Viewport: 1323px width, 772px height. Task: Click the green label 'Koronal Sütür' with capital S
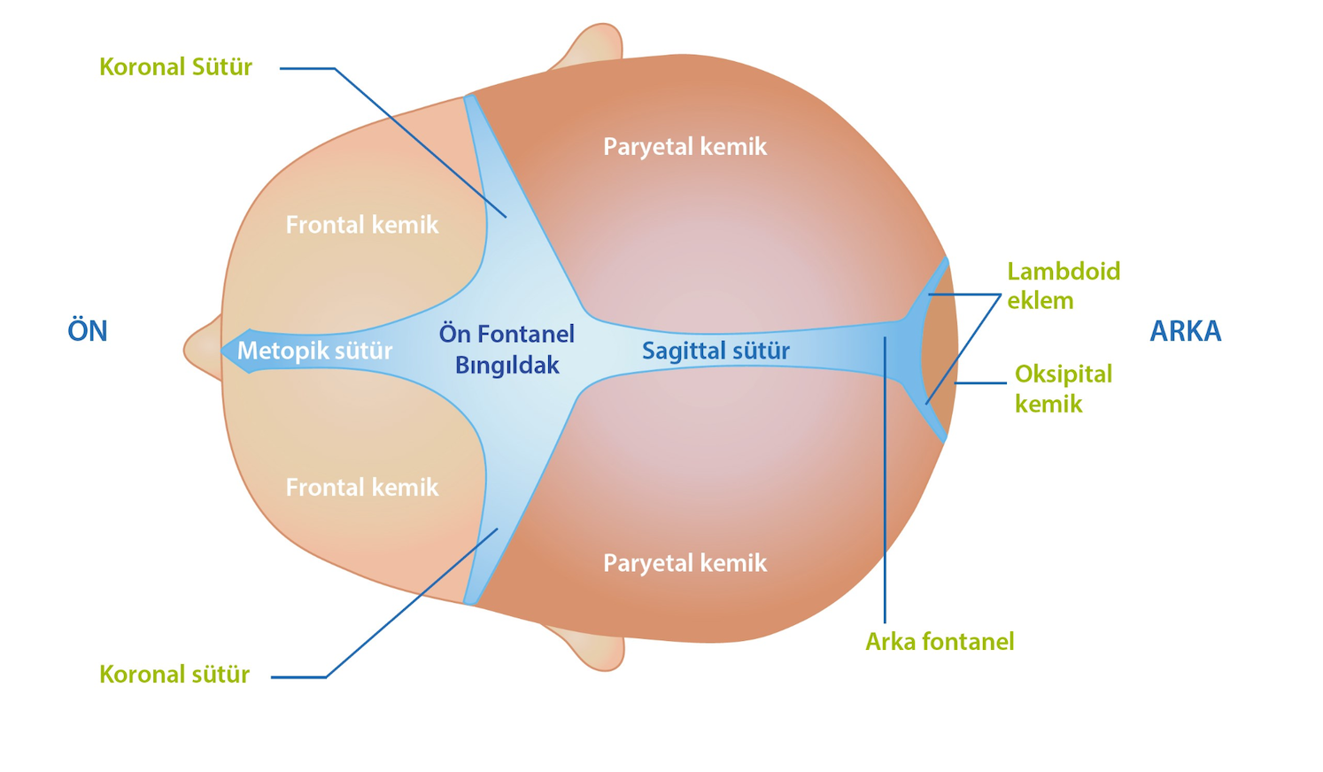coord(175,67)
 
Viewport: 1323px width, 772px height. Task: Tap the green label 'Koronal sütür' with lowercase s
coord(174,675)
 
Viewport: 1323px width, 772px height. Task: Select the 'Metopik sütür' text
coord(314,351)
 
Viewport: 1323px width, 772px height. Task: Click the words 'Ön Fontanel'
coord(507,334)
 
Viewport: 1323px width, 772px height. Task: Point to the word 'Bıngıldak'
coord(507,365)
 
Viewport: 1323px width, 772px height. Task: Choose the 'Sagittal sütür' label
coord(716,351)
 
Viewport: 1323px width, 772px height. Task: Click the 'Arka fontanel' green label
coord(940,642)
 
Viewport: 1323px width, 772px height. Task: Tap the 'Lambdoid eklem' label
coord(1063,285)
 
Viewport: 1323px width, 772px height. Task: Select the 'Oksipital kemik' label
coord(1063,389)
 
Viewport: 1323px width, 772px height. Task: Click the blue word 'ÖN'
coord(88,331)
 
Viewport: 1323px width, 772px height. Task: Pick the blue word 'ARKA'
coord(1185,331)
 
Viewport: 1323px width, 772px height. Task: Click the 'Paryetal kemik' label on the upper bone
coord(685,147)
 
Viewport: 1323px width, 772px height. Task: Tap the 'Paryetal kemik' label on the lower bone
coord(685,563)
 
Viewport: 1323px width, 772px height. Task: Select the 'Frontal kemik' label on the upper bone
coord(361,225)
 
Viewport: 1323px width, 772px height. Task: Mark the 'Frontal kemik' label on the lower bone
coord(361,488)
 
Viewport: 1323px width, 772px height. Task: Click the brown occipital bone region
coord(940,351)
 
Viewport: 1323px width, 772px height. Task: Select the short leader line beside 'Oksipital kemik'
coord(980,383)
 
